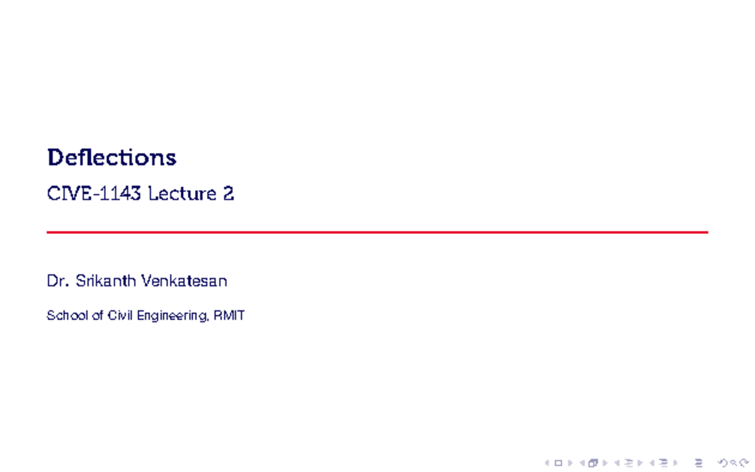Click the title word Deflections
pyautogui.click(x=111, y=157)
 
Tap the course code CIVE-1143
pyautogui.click(x=94, y=194)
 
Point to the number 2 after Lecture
pyautogui.click(x=228, y=194)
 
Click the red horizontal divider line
pyautogui.click(x=377, y=232)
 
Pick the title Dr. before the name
pyautogui.click(x=58, y=281)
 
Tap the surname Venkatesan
pyautogui.click(x=184, y=281)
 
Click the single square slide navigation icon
pyautogui.click(x=557, y=464)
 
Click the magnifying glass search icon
pyautogui.click(x=734, y=464)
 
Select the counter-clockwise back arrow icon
pyautogui.click(x=724, y=464)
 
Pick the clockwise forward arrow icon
pyautogui.click(x=743, y=464)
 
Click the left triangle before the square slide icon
pyautogui.click(x=547, y=464)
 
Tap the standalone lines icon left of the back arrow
pyautogui.click(x=696, y=464)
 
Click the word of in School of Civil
pyautogui.click(x=91, y=316)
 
